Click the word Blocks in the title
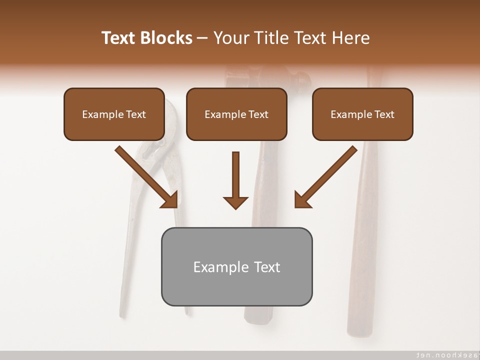166,38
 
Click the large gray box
236,287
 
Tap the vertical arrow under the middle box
235,175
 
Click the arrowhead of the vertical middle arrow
235,202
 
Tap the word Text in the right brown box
384,114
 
